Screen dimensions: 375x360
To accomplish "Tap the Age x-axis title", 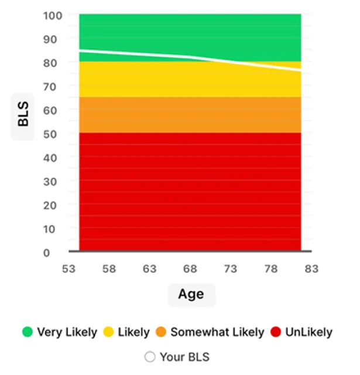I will tap(191, 294).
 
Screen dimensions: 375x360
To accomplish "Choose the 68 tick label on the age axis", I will tap(190, 269).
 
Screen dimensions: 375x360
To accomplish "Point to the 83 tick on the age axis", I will tap(311, 269).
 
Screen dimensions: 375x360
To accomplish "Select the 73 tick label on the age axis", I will tap(230, 269).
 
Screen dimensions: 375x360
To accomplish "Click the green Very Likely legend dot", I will tap(28, 332).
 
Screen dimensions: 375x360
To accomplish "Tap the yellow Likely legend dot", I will tap(108, 332).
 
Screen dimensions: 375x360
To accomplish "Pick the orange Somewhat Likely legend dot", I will tap(161, 332).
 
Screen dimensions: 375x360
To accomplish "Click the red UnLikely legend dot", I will tap(276, 332).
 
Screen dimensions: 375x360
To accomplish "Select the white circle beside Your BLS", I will tap(150, 357).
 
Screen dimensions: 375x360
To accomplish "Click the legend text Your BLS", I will tap(184, 357).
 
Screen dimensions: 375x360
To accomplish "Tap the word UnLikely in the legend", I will tap(308, 332).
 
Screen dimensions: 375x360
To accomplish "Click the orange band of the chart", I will tap(190, 114).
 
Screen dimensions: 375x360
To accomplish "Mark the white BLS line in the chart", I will tap(190, 57).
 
